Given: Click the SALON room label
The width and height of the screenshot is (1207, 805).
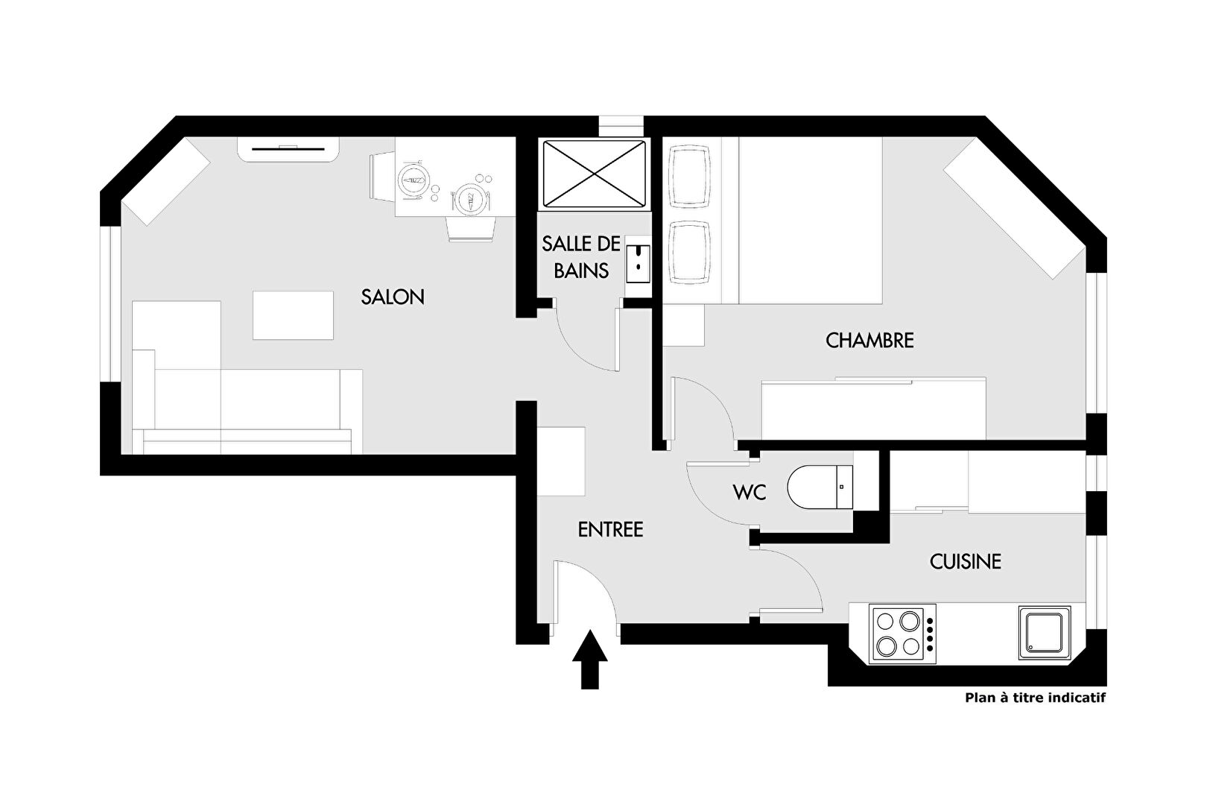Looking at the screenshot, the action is click(392, 297).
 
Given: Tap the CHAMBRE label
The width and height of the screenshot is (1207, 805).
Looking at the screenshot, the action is click(869, 340).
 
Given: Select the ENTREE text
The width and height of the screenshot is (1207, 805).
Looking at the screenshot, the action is click(610, 529).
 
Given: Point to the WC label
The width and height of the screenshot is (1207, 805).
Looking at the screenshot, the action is click(750, 492).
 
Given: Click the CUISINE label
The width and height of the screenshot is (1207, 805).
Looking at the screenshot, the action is click(966, 561).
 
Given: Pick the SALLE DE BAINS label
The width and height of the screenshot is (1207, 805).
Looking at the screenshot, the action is click(581, 257).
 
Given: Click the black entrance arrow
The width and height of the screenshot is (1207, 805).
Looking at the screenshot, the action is click(590, 659).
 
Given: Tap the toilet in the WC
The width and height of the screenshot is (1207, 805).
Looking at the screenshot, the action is click(820, 487).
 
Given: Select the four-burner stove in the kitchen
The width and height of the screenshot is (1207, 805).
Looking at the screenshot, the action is click(902, 634).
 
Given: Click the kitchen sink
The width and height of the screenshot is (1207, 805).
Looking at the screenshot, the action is click(1045, 633).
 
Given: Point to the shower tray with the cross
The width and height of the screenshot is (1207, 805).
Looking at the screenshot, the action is click(594, 174).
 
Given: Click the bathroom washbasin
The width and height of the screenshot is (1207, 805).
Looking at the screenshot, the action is click(638, 264).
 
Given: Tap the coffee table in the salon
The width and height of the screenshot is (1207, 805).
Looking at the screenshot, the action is click(293, 315).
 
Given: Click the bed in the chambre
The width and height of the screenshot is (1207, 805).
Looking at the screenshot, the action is click(811, 220).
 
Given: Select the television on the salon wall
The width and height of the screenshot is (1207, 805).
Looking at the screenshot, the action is click(289, 148).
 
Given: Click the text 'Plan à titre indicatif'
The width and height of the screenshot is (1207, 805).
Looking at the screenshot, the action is click(1035, 698).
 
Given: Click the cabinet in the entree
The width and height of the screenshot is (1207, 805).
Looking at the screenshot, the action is click(561, 461).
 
